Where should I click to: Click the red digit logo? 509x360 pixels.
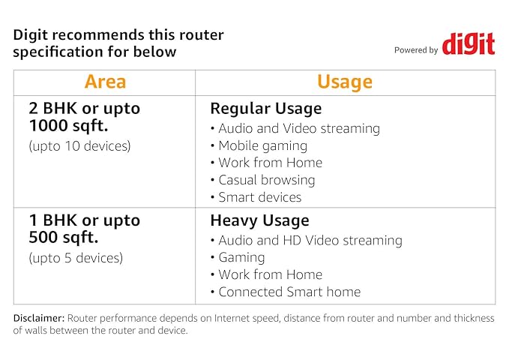click(469, 43)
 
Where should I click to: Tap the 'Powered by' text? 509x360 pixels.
click(416, 50)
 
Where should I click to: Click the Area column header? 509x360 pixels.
click(105, 82)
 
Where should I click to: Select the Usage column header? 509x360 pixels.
click(345, 82)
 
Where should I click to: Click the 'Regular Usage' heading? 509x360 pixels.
click(266, 109)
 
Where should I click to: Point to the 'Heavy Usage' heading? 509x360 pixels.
click(259, 220)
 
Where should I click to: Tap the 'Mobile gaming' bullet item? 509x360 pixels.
click(263, 146)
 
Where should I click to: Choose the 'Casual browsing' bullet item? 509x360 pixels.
click(267, 180)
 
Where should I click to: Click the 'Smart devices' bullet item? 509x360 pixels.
click(260, 197)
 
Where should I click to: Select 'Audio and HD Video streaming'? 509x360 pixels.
click(310, 241)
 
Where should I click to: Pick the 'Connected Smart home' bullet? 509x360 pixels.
click(289, 292)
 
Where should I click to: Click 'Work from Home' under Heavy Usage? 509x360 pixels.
click(271, 274)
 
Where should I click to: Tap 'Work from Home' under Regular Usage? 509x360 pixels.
click(271, 163)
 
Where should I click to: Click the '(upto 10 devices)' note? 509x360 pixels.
click(80, 146)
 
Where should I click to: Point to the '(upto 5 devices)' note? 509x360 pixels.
click(76, 258)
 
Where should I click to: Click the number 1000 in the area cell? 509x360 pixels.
click(48, 125)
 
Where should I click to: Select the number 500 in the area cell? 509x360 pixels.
click(43, 238)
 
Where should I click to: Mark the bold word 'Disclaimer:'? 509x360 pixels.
click(39, 318)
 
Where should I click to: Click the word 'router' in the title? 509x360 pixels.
click(202, 35)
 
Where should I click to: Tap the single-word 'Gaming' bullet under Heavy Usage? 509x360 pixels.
click(241, 258)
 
